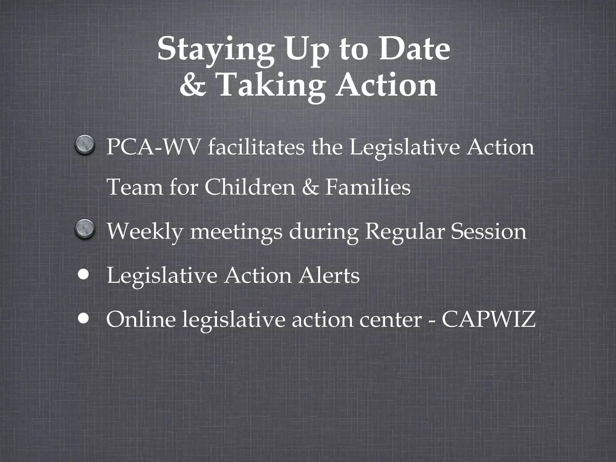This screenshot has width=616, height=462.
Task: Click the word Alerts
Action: tap(329, 276)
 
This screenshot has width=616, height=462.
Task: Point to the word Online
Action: tap(141, 319)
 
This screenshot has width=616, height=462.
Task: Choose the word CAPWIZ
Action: tap(488, 319)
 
